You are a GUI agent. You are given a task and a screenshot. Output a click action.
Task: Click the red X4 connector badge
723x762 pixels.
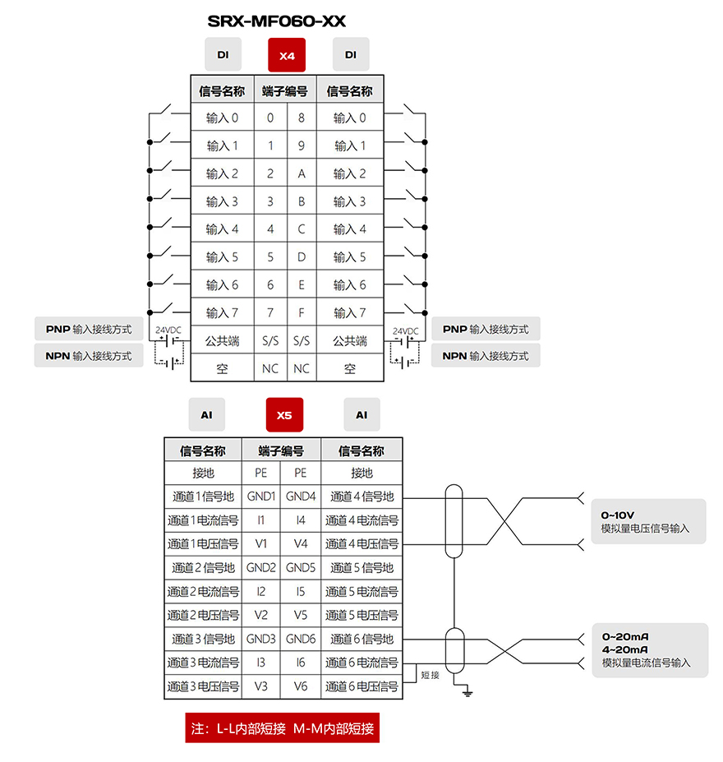point(287,55)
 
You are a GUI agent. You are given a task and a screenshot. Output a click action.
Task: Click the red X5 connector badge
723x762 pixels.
point(284,414)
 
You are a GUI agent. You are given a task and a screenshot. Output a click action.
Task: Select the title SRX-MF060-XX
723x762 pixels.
point(276,21)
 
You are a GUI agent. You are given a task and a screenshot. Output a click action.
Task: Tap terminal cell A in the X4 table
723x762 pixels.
point(302,173)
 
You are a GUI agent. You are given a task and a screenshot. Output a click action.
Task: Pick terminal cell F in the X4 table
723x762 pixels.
point(302,312)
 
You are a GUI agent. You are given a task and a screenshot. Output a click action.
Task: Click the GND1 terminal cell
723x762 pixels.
point(261,496)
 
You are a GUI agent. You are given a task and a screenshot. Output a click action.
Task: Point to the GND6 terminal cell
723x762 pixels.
point(301,639)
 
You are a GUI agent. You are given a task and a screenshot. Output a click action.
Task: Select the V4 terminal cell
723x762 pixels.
point(301,544)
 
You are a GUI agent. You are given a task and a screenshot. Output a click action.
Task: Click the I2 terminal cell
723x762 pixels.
point(261,591)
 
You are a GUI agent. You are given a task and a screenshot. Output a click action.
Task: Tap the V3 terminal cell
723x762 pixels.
point(261,686)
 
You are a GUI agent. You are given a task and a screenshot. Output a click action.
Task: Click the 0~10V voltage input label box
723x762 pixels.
point(648,521)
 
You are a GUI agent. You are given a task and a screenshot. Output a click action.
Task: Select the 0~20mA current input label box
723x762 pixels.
point(650,649)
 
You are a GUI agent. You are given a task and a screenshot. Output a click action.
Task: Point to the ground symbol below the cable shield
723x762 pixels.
point(467,692)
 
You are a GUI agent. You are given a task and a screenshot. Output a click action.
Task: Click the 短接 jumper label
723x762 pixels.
point(430,675)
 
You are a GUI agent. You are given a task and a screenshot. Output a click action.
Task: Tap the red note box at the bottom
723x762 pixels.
point(282,728)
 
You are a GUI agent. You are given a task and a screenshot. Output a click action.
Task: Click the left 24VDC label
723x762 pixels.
point(168,330)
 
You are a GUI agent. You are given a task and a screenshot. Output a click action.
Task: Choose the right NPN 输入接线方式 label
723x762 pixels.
point(486,356)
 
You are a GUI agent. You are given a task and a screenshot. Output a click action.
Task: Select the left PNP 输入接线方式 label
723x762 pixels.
point(89,329)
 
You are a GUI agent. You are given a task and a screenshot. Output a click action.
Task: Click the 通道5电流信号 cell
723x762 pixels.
point(361,591)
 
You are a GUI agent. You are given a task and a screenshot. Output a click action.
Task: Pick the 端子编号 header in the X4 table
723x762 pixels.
point(285,91)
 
